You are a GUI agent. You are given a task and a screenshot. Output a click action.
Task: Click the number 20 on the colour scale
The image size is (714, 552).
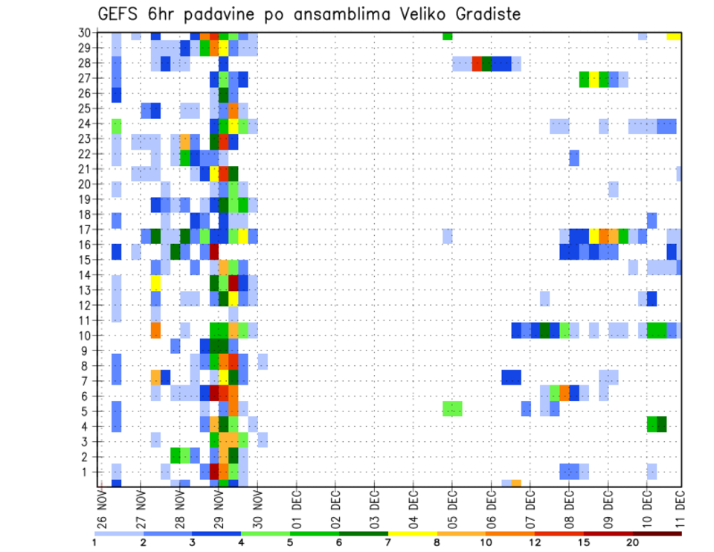(633, 543)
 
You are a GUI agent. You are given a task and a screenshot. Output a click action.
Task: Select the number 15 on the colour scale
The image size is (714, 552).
(584, 543)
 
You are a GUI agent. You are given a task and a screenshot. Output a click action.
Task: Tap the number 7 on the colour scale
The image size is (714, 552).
(387, 543)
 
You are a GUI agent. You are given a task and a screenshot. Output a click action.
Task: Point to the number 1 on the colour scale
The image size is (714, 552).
(94, 543)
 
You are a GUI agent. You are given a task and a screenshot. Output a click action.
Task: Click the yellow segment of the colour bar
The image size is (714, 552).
(412, 533)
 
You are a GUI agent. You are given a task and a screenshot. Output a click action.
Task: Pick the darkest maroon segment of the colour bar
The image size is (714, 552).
(657, 533)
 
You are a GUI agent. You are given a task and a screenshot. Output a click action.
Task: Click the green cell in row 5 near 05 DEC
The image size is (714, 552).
(452, 408)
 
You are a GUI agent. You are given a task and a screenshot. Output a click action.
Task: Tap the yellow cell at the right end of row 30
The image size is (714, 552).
(674, 36)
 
